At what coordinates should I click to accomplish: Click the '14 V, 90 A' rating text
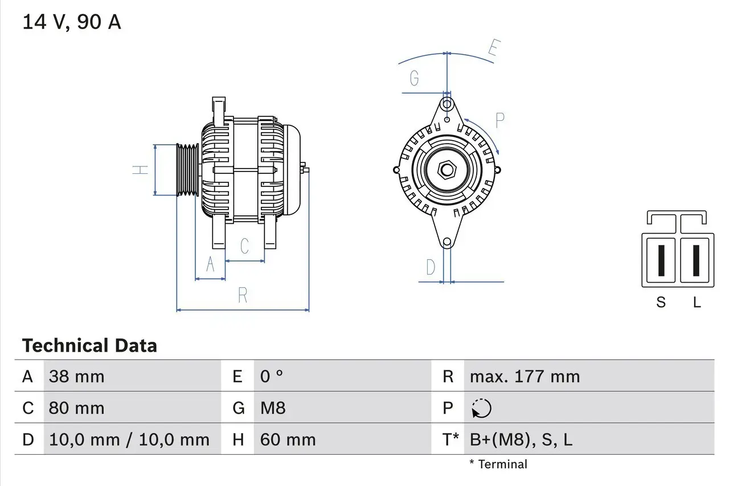(x=71, y=22)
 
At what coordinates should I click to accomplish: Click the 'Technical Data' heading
(x=89, y=346)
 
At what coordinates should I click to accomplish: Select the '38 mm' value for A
(x=77, y=377)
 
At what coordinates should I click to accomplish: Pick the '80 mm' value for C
(x=77, y=409)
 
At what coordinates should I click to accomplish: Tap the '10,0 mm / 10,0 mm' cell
(x=129, y=440)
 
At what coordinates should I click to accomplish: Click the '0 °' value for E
(x=272, y=377)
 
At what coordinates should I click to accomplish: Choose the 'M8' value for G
(x=273, y=409)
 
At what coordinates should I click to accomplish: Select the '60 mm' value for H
(x=288, y=440)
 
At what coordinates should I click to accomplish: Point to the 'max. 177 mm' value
(x=525, y=377)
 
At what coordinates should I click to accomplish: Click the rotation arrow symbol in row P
(x=481, y=409)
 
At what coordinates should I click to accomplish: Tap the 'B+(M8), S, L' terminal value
(x=521, y=440)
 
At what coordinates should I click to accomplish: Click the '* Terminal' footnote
(x=498, y=464)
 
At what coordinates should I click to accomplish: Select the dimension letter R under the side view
(x=243, y=295)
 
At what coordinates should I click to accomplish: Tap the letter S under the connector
(x=661, y=303)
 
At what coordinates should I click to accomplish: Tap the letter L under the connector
(x=697, y=303)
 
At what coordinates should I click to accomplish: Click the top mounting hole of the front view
(x=448, y=104)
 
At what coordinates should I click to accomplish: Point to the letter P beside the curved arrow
(x=499, y=121)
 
